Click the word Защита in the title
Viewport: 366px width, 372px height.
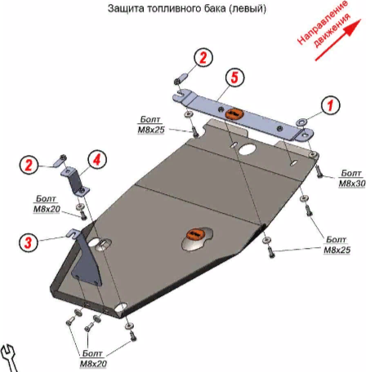tap(126, 8)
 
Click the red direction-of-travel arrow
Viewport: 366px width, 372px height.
tap(338, 40)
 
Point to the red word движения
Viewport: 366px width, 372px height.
tap(332, 30)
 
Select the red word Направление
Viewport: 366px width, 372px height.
tap(322, 22)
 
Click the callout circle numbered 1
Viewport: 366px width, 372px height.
tap(330, 105)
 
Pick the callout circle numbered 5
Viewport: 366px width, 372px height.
tap(234, 77)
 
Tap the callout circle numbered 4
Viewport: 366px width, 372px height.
tap(97, 160)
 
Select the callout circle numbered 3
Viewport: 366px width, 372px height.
tap(29, 242)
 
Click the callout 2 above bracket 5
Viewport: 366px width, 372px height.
tap(203, 57)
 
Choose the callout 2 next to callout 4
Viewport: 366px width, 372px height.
tap(29, 165)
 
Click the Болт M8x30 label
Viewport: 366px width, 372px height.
tap(352, 179)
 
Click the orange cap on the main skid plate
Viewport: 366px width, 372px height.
tap(195, 234)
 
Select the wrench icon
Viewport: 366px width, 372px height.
tap(8, 358)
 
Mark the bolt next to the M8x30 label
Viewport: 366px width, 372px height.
tap(319, 172)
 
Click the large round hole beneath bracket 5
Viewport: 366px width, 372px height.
tap(247, 149)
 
